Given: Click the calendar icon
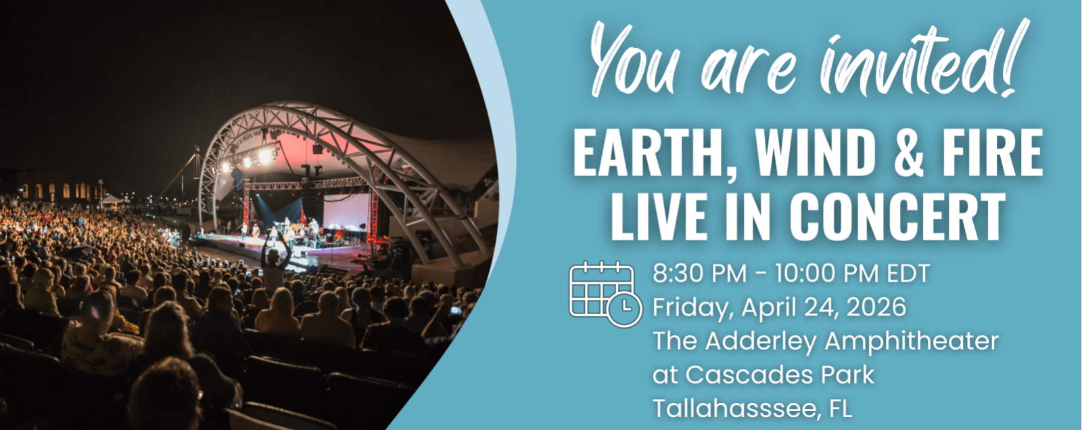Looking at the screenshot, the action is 606,294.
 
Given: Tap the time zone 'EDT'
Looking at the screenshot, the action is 908,274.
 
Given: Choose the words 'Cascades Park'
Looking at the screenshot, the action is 780,375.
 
